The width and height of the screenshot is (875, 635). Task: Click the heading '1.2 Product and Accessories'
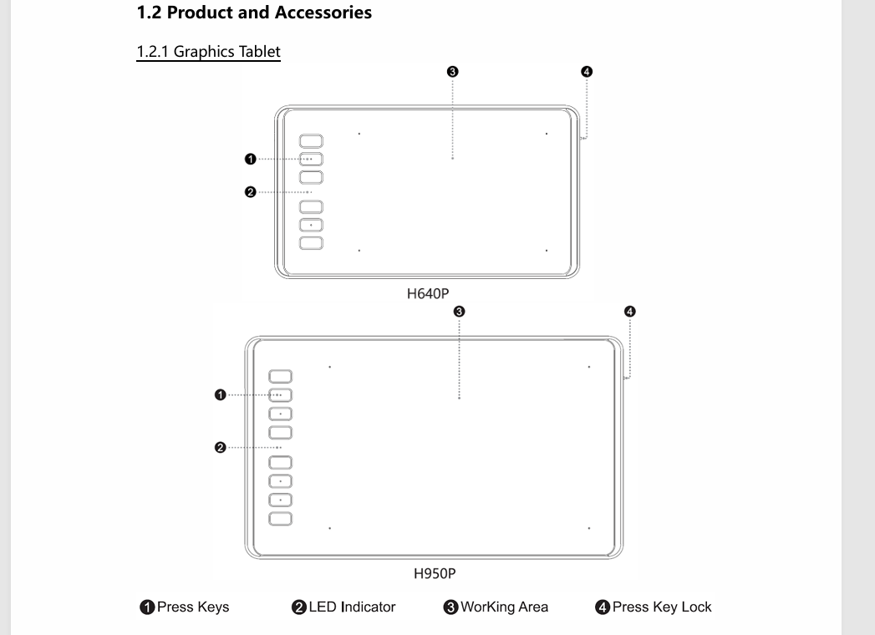pos(254,13)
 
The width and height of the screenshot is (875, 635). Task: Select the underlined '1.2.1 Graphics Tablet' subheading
pos(209,51)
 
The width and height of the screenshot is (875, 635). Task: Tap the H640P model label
pos(427,293)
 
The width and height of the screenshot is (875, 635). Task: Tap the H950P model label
pos(434,574)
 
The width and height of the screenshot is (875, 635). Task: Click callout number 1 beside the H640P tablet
pos(251,159)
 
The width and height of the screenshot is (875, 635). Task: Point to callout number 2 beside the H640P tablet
pos(251,192)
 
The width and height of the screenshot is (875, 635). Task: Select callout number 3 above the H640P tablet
pos(453,71)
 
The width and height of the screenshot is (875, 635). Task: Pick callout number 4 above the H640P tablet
pos(587,71)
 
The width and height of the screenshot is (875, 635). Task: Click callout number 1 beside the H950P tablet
pos(221,395)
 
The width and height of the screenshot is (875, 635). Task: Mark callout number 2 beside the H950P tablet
pos(221,448)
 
